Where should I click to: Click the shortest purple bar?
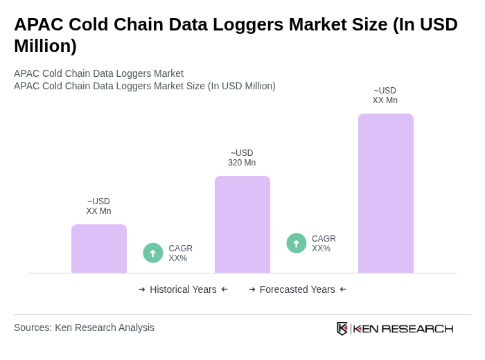(x=99, y=249)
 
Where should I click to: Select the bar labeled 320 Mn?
(x=242, y=224)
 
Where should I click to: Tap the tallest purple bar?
(x=385, y=193)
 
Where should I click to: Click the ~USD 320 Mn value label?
(x=242, y=158)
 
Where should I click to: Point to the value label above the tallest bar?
(x=385, y=96)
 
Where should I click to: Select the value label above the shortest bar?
(x=99, y=206)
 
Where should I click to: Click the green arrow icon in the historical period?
(x=153, y=253)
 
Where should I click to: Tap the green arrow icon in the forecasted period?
(x=297, y=244)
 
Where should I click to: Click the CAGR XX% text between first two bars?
(x=181, y=253)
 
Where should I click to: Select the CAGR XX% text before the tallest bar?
(x=324, y=244)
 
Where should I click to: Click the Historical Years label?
(x=183, y=289)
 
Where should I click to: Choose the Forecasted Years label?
(x=297, y=289)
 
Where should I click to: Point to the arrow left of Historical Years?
(x=142, y=289)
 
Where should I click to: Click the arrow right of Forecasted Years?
(x=343, y=289)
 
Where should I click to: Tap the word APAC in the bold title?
(x=37, y=24)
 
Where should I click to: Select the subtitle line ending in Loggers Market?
(x=98, y=73)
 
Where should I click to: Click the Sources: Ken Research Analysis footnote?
(x=84, y=327)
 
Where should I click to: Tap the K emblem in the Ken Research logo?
(x=342, y=328)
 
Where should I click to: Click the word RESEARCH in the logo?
(x=417, y=328)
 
